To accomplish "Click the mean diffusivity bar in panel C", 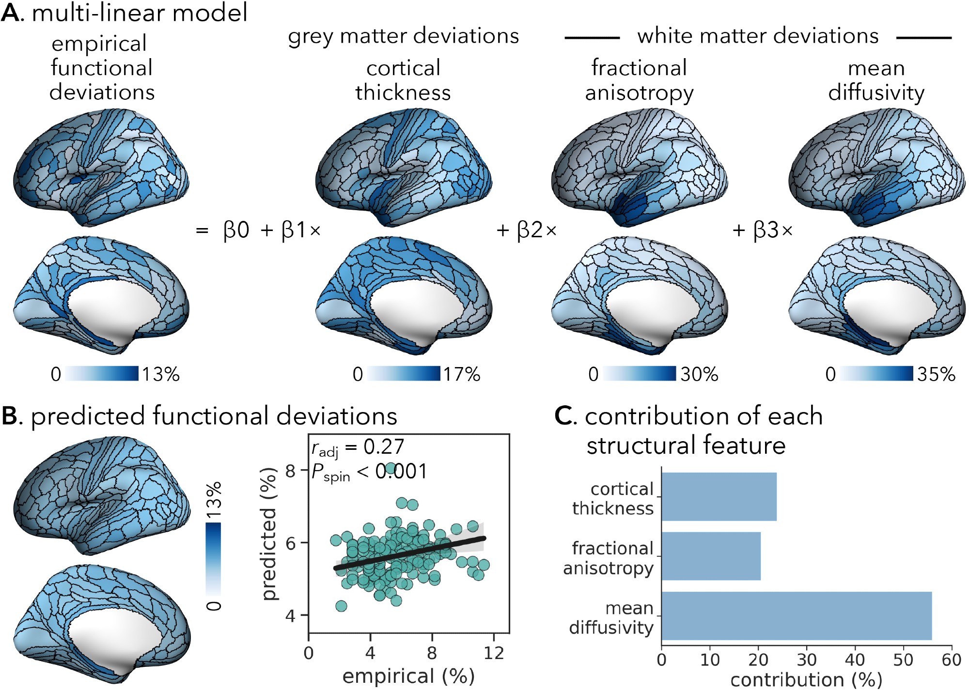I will point(796,615).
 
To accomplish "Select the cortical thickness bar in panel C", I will point(719,496).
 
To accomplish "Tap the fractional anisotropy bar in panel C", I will point(711,556).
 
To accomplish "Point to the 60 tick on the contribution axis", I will point(951,660).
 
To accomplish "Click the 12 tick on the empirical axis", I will point(494,653).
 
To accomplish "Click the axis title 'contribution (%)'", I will point(806,680).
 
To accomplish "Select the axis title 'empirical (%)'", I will point(408,676).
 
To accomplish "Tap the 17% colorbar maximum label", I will point(462,374).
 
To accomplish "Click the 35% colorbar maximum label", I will point(936,374).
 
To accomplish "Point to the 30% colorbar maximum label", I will point(699,374).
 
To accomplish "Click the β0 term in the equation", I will point(236,230).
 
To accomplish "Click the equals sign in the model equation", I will point(202,230).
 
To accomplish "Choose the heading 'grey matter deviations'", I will point(403,36).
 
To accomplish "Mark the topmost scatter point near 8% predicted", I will point(391,468).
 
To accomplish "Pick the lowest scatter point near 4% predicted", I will point(341,606).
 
